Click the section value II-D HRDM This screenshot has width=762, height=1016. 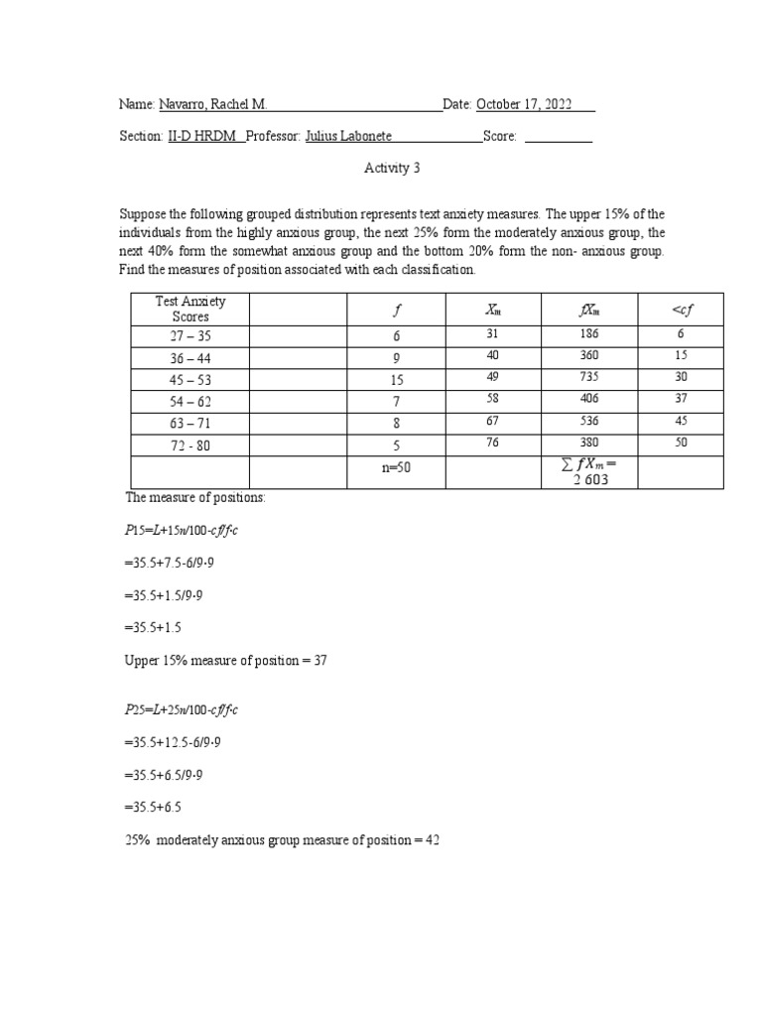click(202, 138)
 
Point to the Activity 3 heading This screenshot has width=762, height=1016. click(392, 169)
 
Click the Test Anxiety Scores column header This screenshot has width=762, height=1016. click(190, 309)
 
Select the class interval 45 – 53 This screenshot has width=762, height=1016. click(190, 380)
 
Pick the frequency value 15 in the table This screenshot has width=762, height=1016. click(396, 380)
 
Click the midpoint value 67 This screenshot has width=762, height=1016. click(493, 420)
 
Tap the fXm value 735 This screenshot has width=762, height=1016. click(589, 377)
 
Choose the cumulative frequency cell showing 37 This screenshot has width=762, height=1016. click(681, 398)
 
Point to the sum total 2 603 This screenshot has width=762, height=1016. click(589, 479)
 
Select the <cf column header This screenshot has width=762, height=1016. click(681, 310)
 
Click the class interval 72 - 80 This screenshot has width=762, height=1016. click(190, 445)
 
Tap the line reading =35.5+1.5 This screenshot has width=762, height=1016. click(153, 627)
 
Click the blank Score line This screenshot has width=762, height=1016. click(558, 138)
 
